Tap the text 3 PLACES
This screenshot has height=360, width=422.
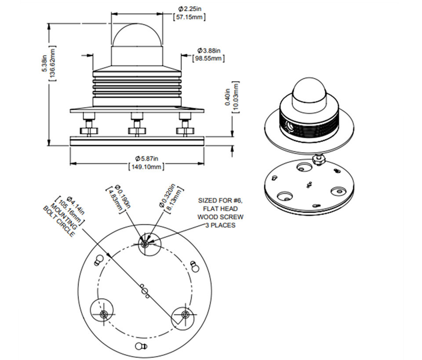point(220,225)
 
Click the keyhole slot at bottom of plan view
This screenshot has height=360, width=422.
point(140,346)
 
